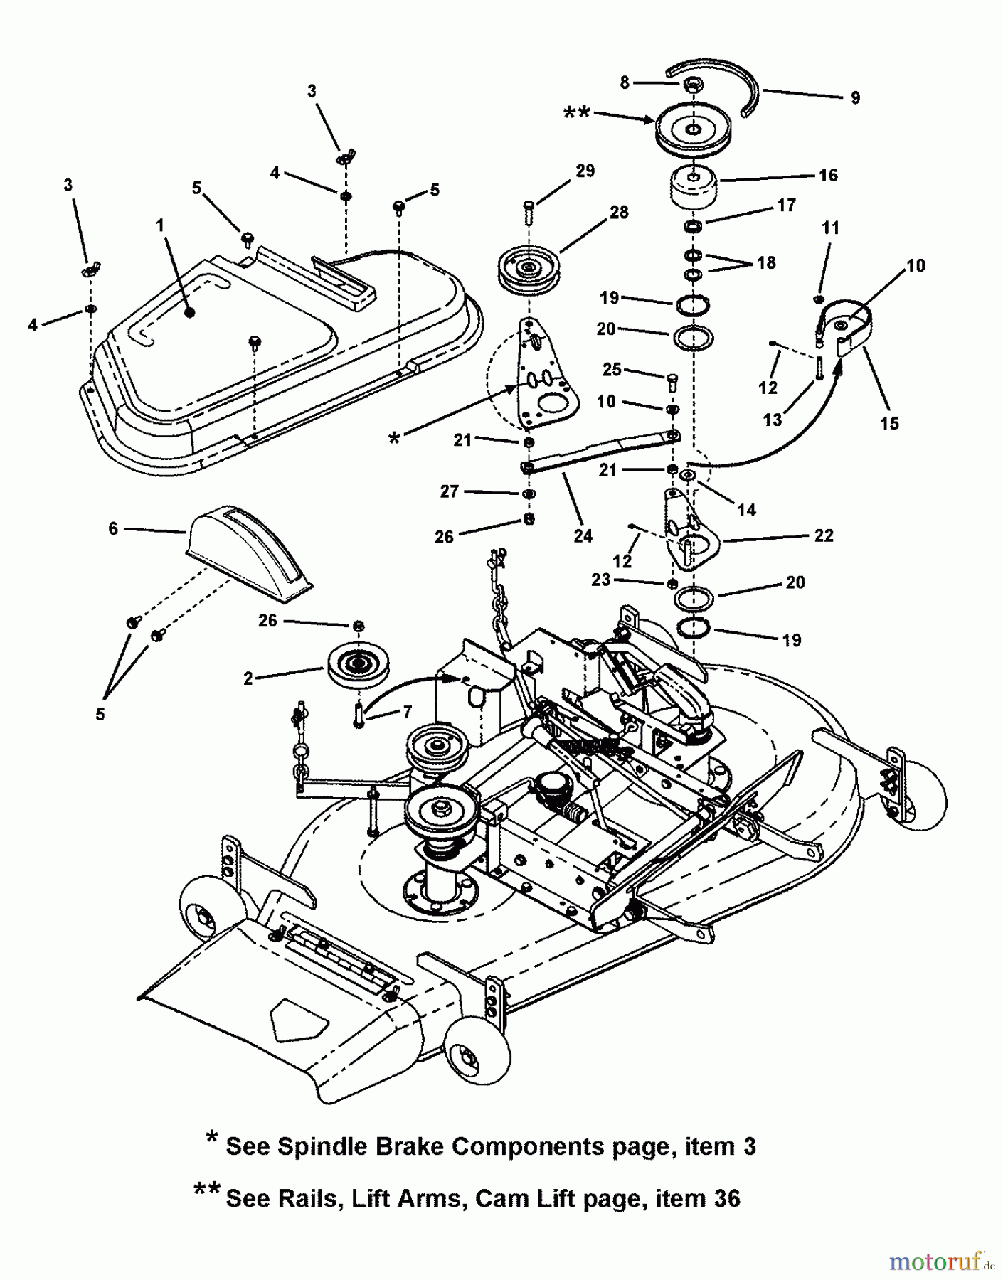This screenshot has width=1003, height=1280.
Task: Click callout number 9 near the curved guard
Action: click(855, 98)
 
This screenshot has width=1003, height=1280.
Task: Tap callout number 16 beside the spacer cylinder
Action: click(829, 175)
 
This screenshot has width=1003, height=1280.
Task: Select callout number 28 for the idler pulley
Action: click(619, 212)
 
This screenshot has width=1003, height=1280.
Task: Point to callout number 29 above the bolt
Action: click(585, 171)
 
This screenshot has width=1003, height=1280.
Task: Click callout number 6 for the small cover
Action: click(113, 528)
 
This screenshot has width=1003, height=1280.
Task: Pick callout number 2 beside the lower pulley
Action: click(248, 678)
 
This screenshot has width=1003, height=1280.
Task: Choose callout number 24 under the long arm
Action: click(583, 535)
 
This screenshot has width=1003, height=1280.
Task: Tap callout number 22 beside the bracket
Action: click(824, 535)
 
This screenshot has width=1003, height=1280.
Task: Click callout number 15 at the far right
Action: click(889, 423)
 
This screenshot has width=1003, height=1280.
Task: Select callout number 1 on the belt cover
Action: click(160, 225)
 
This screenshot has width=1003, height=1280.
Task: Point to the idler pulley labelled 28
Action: click(528, 270)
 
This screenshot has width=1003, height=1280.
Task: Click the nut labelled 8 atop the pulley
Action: click(690, 85)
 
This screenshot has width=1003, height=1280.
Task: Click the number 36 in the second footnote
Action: click(721, 1198)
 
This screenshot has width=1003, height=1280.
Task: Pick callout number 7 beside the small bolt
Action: click(407, 711)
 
